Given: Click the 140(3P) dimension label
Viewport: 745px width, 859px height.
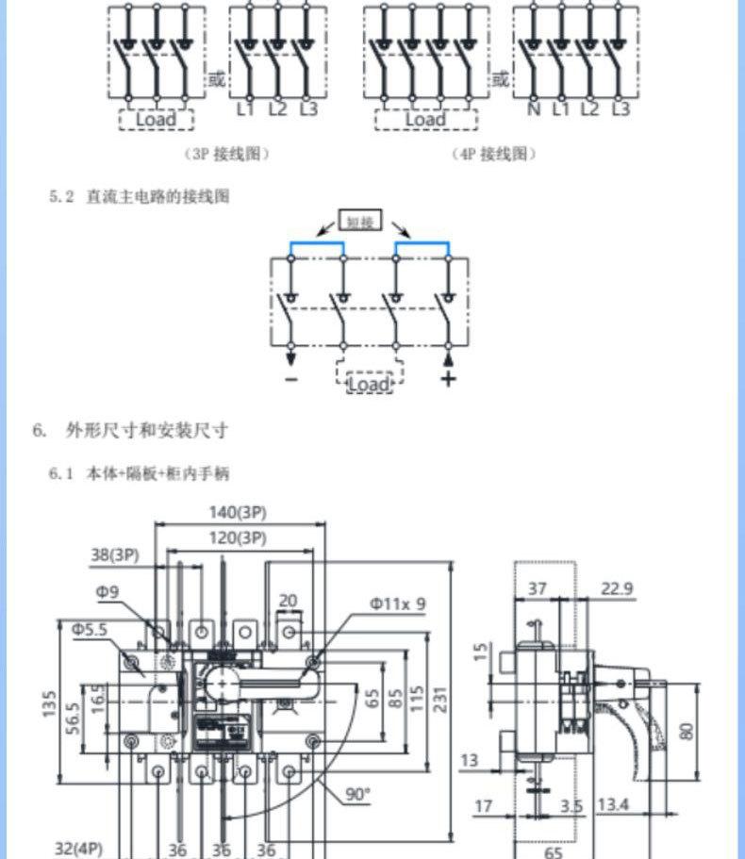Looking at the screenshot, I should pos(236,513).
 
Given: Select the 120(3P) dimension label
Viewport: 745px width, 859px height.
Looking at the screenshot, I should pos(236,538).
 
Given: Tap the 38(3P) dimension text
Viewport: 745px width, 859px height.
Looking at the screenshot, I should pos(114,556).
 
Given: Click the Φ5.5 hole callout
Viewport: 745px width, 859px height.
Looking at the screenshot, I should pos(90,628).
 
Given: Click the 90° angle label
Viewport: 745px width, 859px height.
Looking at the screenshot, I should pos(356,795).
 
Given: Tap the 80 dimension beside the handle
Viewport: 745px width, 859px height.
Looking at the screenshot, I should pos(686,730).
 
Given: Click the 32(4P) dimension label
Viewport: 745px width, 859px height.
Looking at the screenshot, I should pos(78,848).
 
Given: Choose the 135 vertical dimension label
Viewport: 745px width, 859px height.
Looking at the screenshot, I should pos(50,702).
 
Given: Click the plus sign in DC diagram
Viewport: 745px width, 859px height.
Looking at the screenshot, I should pos(449,379).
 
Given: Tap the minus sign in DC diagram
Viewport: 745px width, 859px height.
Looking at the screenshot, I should pos(290,379).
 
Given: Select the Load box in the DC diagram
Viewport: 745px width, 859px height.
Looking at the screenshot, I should pos(369,384).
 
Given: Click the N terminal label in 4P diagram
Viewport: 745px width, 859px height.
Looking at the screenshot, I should pos(535,109).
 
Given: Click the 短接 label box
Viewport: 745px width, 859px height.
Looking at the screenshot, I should pos(361,223).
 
